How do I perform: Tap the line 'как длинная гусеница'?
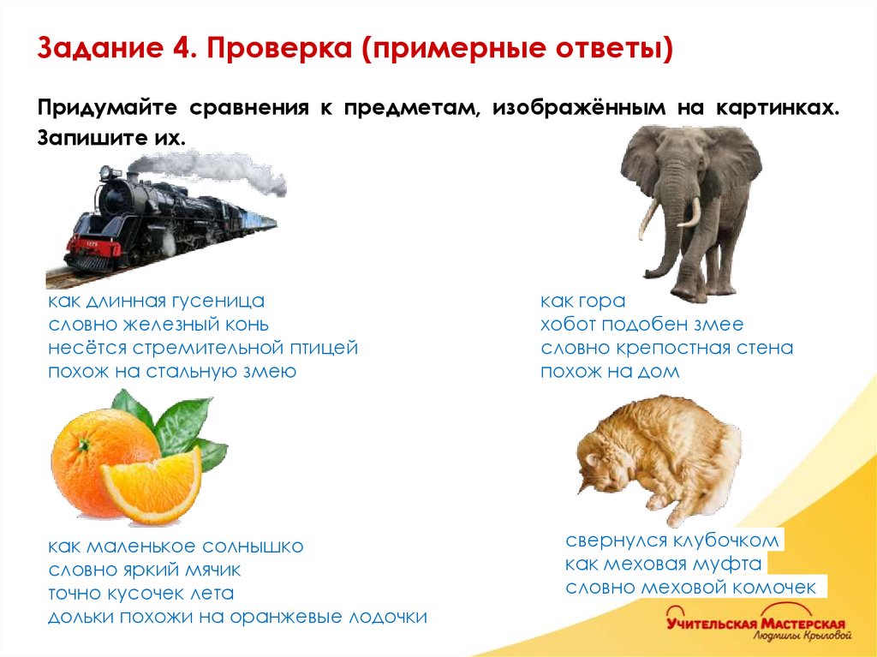(156, 302)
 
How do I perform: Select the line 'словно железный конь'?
(158, 325)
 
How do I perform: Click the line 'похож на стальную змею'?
(172, 372)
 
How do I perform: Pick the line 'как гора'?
(582, 302)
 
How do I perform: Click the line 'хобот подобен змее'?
(641, 325)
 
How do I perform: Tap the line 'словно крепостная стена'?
(666, 349)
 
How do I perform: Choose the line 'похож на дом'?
(609, 372)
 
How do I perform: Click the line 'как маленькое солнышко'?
(176, 547)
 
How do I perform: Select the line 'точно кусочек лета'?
(141, 594)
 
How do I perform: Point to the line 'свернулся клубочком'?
(672, 541)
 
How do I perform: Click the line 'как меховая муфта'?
(664, 564)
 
